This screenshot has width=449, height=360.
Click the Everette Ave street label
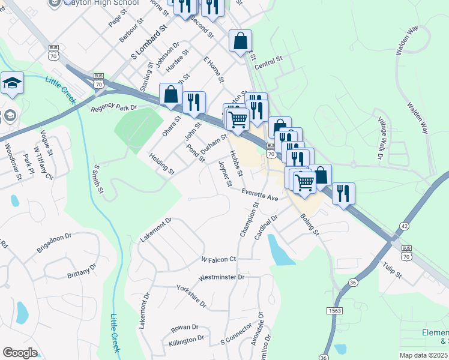click(x=261, y=195)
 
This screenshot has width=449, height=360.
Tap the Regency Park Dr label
click(x=114, y=108)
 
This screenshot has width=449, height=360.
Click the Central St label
click(x=268, y=62)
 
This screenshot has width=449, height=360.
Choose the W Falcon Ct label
click(x=218, y=259)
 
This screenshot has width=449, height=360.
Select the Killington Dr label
click(x=187, y=341)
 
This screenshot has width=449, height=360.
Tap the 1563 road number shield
click(x=334, y=310)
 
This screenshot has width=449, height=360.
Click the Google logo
click(x=20, y=353)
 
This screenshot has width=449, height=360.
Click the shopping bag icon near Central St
click(x=240, y=41)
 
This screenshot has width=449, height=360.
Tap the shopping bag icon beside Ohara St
click(x=171, y=94)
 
